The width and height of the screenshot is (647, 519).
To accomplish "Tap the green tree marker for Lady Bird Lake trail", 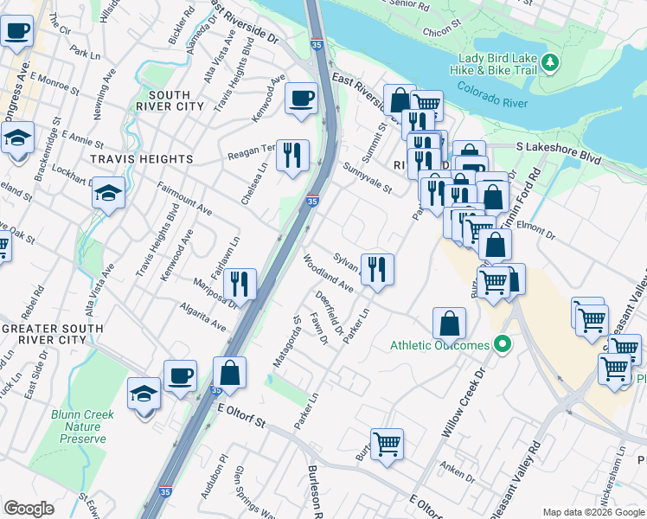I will tap(550, 64).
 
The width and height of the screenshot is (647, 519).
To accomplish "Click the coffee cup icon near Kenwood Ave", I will tap(301, 99).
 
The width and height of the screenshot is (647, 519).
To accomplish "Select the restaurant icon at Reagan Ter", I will tap(292, 155).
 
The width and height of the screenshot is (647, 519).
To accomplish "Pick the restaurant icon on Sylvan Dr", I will tap(376, 268).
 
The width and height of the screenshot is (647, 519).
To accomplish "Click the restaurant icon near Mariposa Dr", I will tap(240, 283).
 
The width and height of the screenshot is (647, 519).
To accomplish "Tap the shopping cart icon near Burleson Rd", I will tap(387, 444).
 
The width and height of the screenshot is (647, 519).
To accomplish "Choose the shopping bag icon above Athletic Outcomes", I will tap(450, 324).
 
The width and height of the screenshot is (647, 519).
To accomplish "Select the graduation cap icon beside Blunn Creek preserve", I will tap(144, 393).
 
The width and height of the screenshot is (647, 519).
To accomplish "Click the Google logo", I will tap(29, 509).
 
